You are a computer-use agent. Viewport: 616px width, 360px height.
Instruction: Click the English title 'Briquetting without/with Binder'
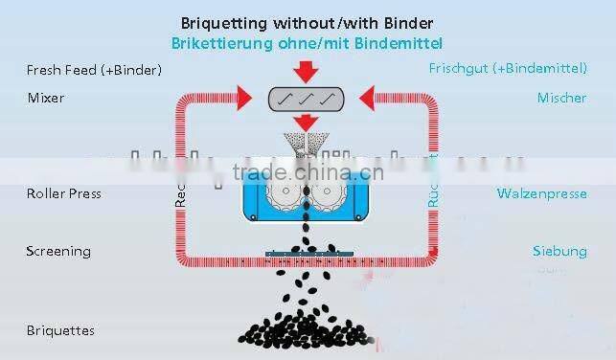(307, 23)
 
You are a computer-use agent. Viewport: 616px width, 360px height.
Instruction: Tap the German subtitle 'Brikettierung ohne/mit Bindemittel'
(307, 43)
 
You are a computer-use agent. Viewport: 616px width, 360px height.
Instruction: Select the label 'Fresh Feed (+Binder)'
(94, 70)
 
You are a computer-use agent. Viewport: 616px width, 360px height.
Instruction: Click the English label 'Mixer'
(46, 98)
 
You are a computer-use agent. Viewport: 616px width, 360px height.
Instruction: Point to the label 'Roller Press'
(64, 193)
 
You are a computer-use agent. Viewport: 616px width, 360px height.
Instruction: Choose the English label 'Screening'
(58, 251)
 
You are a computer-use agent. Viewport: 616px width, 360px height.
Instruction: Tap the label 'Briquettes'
(61, 330)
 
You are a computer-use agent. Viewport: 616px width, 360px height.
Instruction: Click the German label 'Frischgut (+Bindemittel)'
(507, 70)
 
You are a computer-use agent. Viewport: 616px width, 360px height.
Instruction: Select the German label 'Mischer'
(561, 98)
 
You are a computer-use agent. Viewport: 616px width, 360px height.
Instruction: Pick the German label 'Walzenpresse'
(541, 193)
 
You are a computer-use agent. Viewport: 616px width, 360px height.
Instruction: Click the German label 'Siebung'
(559, 251)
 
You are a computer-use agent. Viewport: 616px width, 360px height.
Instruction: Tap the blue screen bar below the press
(308, 255)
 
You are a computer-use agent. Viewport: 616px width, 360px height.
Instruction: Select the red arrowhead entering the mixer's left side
(248, 96)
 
